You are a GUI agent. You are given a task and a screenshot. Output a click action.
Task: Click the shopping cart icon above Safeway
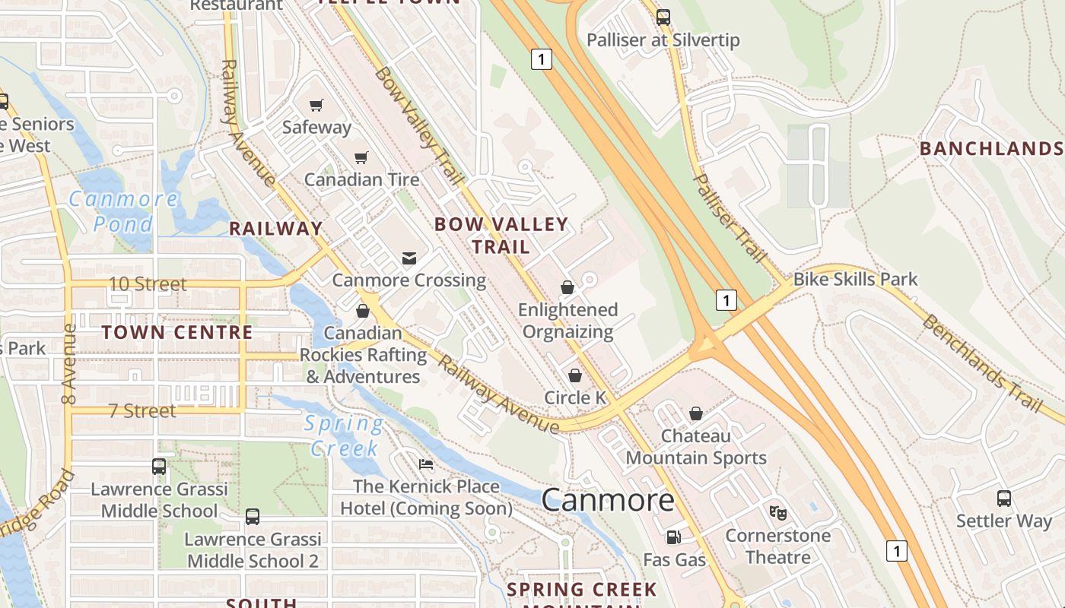pyautogui.click(x=316, y=105)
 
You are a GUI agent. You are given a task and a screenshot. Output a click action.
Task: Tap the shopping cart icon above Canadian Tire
pyautogui.click(x=361, y=157)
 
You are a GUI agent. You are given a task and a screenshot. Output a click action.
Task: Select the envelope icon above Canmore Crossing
pyautogui.click(x=409, y=258)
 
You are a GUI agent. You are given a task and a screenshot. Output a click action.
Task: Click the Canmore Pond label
pyautogui.click(x=123, y=212)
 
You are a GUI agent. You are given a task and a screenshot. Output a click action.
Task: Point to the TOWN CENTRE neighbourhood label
pyautogui.click(x=176, y=332)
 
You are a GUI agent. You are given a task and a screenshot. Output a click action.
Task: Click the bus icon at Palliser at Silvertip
pyautogui.click(x=663, y=17)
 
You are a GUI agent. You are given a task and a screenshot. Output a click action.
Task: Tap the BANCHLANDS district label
pyautogui.click(x=990, y=148)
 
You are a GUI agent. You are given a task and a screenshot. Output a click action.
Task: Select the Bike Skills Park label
pyautogui.click(x=855, y=279)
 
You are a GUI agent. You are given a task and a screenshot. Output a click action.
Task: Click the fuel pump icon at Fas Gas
pyautogui.click(x=673, y=537)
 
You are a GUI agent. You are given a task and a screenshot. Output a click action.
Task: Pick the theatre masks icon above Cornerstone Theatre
pyautogui.click(x=777, y=513)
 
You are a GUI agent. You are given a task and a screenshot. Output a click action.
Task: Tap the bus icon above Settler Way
pyautogui.click(x=1003, y=499)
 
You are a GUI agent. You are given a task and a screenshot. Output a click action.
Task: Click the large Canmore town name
pyautogui.click(x=608, y=500)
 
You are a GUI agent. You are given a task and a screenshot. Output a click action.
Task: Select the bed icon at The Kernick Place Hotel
pyautogui.click(x=426, y=464)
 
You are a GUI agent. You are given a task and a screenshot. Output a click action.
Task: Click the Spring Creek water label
pyautogui.click(x=344, y=435)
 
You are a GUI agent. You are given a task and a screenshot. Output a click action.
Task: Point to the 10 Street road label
pyautogui.click(x=148, y=283)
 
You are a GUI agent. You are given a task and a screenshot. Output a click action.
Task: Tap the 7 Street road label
pyautogui.click(x=142, y=410)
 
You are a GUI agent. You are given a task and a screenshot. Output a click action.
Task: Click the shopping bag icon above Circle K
pyautogui.click(x=575, y=375)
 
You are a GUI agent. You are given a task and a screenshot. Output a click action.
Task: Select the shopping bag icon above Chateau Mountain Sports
pyautogui.click(x=695, y=413)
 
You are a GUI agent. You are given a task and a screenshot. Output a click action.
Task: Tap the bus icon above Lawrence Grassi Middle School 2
pyautogui.click(x=253, y=517)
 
